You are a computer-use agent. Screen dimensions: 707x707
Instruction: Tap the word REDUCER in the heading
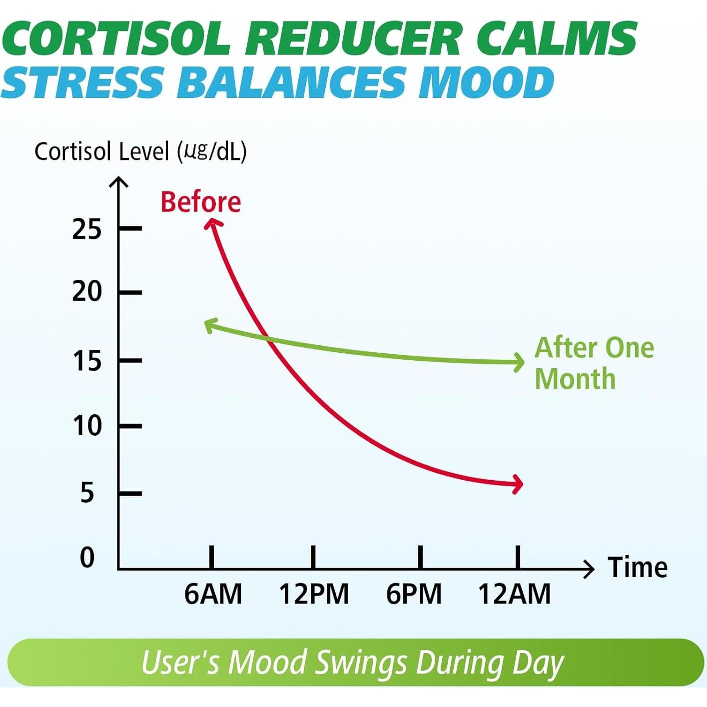(352, 39)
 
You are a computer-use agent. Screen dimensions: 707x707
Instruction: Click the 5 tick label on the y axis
(87, 493)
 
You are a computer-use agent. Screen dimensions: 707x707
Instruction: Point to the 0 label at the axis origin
(87, 558)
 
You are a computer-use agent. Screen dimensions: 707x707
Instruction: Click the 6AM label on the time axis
(213, 594)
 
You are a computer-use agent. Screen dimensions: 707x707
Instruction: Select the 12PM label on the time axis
(314, 594)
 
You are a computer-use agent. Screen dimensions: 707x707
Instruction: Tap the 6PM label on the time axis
(414, 594)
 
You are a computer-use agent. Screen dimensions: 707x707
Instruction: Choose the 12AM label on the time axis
(515, 594)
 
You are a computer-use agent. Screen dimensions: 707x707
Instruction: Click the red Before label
(200, 202)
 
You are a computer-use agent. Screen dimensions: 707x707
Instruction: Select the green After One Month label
(594, 363)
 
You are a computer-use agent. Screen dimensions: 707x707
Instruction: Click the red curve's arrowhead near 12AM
(518, 484)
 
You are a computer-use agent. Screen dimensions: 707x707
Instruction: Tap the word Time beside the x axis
(638, 568)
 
